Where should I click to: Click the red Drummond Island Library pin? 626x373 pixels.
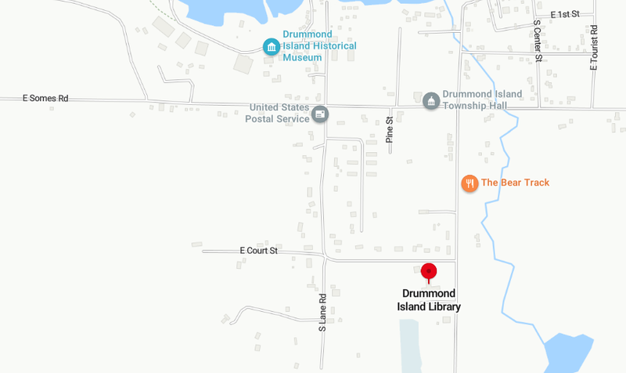[428, 272]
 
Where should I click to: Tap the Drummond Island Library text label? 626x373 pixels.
[428, 300]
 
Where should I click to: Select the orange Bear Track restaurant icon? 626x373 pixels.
[469, 183]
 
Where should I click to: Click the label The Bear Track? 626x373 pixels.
[515, 183]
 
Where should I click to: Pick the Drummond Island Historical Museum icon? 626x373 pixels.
[271, 47]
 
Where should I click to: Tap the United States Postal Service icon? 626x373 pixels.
[319, 114]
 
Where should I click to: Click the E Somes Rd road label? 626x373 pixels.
[45, 99]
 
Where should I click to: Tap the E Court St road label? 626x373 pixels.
[259, 251]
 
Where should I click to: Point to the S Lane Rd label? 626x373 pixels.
[322, 313]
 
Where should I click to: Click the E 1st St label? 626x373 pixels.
[564, 15]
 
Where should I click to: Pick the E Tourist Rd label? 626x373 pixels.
[595, 48]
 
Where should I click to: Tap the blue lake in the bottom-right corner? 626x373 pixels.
[571, 354]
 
